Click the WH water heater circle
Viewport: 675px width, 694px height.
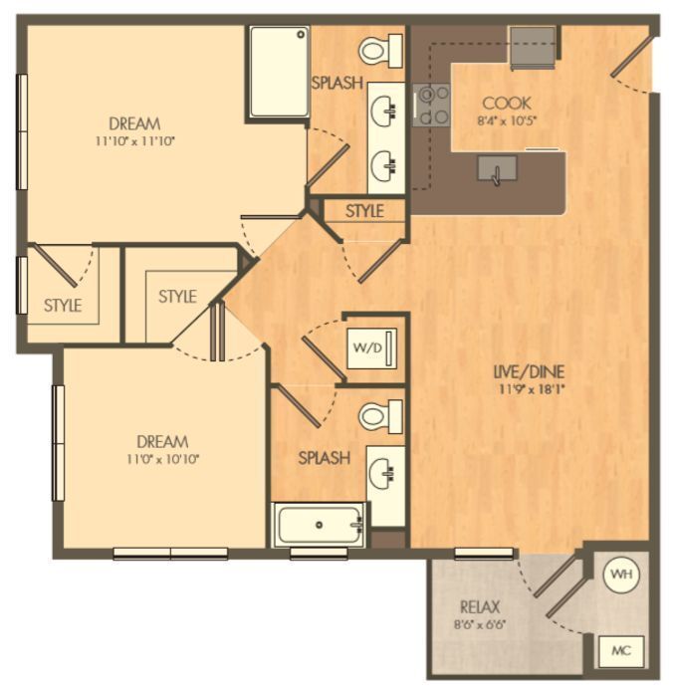click(621, 575)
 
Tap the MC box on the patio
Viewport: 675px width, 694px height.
click(621, 651)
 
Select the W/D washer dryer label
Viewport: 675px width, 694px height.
click(364, 347)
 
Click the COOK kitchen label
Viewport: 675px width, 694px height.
click(506, 104)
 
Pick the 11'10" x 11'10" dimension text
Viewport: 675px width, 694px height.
click(134, 141)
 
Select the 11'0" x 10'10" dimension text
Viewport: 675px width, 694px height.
click(162, 459)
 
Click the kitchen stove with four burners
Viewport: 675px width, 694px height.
click(432, 105)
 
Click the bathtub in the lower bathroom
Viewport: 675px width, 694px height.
click(320, 525)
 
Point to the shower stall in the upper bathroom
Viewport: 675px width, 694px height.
click(277, 72)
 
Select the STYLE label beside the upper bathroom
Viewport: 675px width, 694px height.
click(364, 211)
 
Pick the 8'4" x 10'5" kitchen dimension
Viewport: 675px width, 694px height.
click(506, 120)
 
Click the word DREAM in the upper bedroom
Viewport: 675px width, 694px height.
click(134, 124)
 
